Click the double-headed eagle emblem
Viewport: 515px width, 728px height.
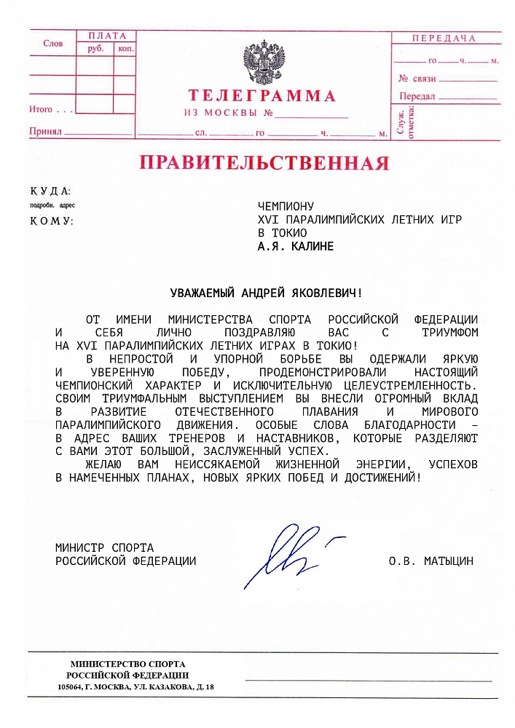(264, 63)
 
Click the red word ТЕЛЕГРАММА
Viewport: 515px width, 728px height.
(262, 96)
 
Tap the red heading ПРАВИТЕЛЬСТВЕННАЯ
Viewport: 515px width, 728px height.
(264, 162)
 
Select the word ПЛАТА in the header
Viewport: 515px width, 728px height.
(106, 36)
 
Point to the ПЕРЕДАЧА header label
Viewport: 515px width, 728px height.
(444, 38)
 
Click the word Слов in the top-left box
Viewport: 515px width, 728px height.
(53, 44)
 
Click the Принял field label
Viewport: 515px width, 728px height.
(44, 132)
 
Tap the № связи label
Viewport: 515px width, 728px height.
(417, 78)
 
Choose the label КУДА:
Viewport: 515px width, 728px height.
(50, 191)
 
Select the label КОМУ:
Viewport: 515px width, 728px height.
(52, 221)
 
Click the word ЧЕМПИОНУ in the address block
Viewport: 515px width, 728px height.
(286, 206)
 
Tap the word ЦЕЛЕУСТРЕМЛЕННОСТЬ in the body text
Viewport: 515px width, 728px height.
(405, 385)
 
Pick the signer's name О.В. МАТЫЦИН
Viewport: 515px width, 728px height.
(431, 561)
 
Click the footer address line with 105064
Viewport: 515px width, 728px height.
(136, 687)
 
